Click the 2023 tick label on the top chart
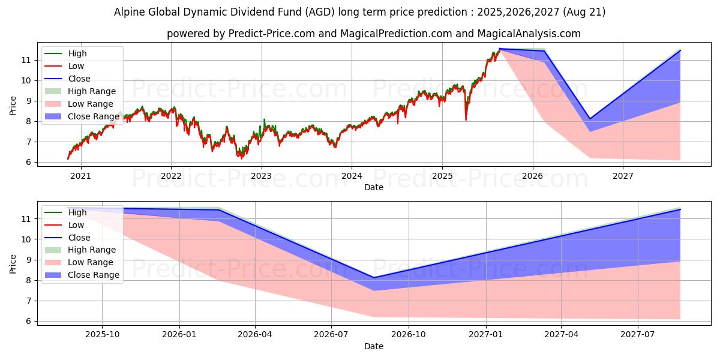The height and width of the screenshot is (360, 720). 261,176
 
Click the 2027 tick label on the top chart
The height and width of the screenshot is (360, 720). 623,176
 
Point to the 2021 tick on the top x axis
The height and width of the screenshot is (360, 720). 80,176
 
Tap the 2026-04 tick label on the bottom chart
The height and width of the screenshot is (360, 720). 255,335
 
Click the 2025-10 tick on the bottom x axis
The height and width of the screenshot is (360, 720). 102,335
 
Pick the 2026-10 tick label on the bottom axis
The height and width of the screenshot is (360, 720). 409,335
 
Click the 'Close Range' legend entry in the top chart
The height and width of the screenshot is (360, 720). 93,116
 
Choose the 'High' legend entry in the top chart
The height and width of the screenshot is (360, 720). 77,53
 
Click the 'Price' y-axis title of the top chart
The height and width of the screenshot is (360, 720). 13,106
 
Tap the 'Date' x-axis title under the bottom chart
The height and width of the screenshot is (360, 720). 374,346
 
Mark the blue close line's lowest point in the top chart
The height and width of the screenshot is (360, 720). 590,118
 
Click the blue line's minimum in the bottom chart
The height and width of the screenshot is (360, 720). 374,278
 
